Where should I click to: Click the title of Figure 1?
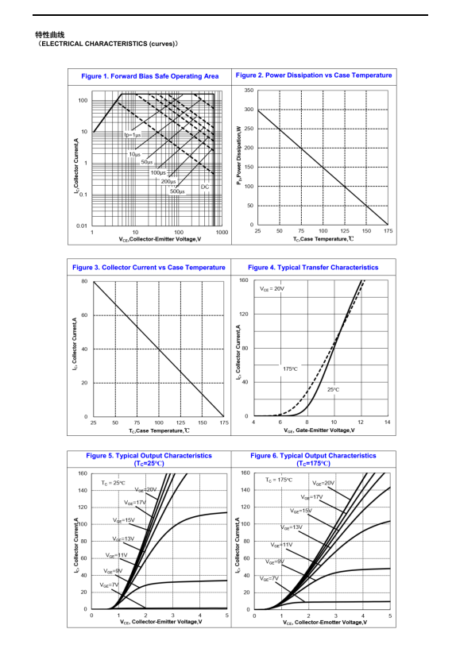point(150,76)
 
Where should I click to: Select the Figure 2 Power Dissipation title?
point(314,75)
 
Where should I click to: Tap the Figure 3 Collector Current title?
point(149,268)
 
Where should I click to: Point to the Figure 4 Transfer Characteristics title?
point(313,268)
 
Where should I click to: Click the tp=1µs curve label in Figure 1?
point(132,135)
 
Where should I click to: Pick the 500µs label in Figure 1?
point(177,191)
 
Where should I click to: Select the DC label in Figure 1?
point(205,187)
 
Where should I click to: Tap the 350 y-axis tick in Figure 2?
point(249,90)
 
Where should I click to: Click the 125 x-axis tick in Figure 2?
point(345,231)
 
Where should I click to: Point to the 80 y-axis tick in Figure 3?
point(84,281)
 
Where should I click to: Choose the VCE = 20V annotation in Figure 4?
point(272,288)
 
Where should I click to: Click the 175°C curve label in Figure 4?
point(290,369)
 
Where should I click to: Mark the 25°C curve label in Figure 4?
point(334,389)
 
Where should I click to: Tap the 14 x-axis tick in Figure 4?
point(388,423)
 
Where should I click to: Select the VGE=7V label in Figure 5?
point(109,585)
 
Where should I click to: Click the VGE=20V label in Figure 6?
point(323,483)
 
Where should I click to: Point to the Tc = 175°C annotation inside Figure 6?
point(279,480)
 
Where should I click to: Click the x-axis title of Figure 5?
point(161,622)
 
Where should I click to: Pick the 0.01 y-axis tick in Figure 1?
point(82,226)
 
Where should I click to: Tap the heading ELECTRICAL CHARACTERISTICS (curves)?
point(107,44)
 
